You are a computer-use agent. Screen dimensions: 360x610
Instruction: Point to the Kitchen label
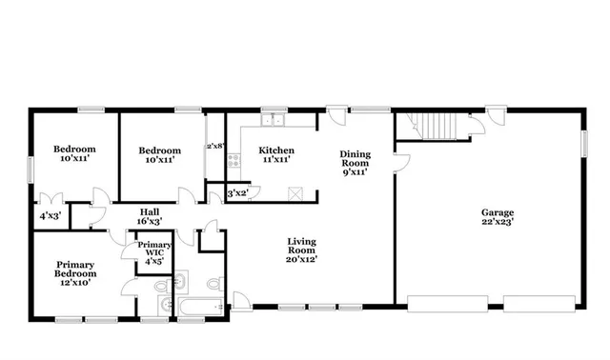[x=276, y=150]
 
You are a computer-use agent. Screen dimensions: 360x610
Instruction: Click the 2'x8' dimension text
[x=215, y=147]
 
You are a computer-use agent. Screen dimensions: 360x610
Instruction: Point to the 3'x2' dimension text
[x=237, y=193]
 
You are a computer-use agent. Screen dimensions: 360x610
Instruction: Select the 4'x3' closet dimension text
[x=50, y=216]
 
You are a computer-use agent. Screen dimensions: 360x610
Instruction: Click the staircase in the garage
[x=436, y=125]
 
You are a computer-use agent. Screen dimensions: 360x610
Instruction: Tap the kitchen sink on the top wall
[x=274, y=121]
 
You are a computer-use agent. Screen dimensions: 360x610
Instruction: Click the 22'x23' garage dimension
[x=498, y=222]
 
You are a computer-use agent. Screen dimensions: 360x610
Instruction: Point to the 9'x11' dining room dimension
[x=355, y=171]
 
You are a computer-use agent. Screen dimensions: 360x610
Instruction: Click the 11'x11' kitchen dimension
[x=276, y=160]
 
